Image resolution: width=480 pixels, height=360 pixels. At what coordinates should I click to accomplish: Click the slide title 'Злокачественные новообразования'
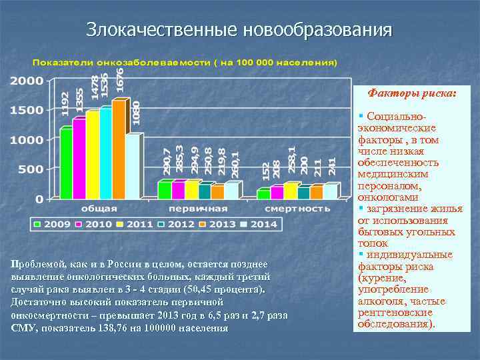pos(239,30)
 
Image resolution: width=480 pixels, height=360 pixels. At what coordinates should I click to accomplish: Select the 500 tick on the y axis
pos(31,169)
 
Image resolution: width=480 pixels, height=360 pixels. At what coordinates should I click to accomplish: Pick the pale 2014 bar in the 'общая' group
pos(132,166)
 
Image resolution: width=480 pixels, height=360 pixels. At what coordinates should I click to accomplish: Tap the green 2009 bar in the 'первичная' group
pos(164,191)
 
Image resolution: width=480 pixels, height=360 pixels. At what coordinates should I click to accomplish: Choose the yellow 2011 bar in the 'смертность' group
pos(290,191)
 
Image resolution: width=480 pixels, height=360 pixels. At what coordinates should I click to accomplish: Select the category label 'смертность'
pos(299,209)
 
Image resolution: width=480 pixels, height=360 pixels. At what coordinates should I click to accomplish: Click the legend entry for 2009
pos(53,224)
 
